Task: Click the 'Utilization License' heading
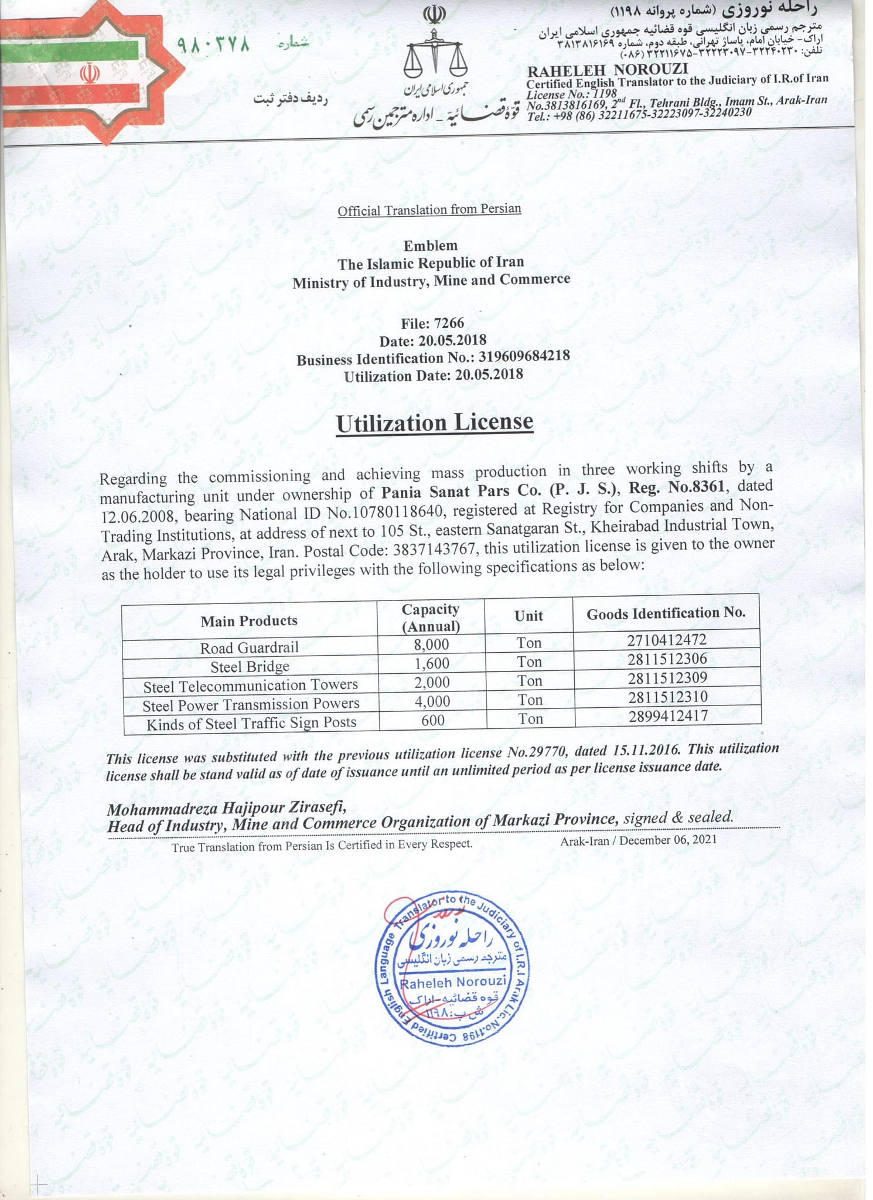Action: pos(434,423)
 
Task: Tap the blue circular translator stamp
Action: pos(452,973)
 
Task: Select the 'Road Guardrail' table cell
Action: pos(249,647)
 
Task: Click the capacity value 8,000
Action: pos(431,645)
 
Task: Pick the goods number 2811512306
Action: pos(667,659)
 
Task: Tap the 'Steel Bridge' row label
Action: pos(250,667)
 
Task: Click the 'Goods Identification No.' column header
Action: pos(666,613)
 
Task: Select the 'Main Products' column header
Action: pos(249,621)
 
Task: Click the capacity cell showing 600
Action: pos(433,720)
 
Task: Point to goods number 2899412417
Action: pos(668,715)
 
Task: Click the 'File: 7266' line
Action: pos(432,323)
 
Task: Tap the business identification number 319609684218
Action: pos(524,356)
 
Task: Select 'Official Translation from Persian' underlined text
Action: pos(429,210)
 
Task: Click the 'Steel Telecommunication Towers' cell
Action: pos(250,686)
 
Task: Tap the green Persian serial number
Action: pos(213,45)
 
